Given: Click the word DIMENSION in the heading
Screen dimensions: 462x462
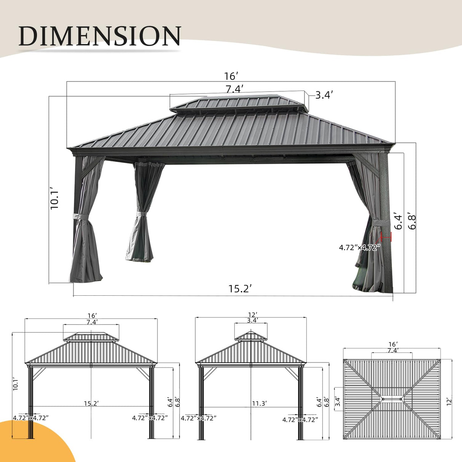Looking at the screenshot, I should (x=100, y=36).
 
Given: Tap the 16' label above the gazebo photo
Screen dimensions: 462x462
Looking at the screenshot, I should (x=231, y=76).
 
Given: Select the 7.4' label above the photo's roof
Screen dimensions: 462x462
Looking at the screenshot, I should (x=234, y=89).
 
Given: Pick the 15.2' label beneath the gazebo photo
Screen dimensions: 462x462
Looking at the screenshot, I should (x=240, y=288).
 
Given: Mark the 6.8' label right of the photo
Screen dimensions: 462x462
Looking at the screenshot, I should (x=412, y=220).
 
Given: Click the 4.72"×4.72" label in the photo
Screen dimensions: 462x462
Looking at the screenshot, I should (x=360, y=248).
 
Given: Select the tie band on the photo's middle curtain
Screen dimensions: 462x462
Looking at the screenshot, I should (x=142, y=215).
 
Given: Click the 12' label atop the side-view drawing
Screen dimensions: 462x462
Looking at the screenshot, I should (x=251, y=315).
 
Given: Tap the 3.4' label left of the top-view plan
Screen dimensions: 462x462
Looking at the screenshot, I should (x=337, y=401).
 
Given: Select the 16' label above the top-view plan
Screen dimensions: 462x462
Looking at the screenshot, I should (x=392, y=344).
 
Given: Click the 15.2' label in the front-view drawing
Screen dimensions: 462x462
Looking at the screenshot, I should (x=91, y=403).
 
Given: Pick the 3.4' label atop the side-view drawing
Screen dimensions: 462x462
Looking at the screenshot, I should (x=252, y=320).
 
